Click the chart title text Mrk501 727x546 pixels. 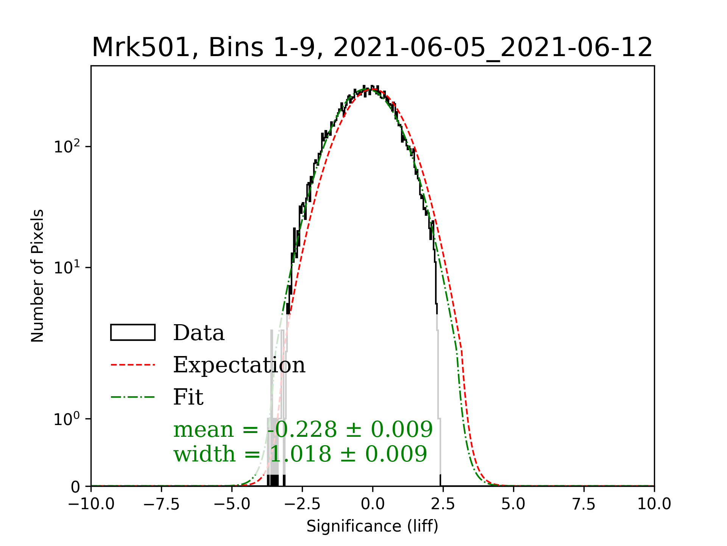point(140,48)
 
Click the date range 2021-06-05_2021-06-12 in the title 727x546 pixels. point(493,48)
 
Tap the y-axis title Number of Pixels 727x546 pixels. point(37,276)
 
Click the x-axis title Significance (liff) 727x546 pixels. point(372,526)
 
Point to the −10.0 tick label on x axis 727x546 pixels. point(91,504)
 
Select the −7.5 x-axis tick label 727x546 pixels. point(162,504)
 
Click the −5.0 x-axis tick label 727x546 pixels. point(232,504)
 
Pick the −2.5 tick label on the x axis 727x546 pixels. point(302,504)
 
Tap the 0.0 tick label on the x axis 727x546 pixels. point(373,504)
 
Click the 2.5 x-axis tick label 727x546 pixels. point(443,504)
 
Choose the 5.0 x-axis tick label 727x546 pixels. point(513,504)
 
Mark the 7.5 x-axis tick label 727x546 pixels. point(584,504)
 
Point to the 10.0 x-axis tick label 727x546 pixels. point(654,504)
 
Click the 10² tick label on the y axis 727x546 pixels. point(67,146)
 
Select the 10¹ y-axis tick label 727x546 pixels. point(67,267)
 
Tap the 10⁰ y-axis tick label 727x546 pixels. point(67,419)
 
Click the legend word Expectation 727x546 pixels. point(239,365)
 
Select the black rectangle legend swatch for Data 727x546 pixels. point(133,333)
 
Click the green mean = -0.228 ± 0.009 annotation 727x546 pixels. point(303,430)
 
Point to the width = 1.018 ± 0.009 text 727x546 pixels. point(300,454)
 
